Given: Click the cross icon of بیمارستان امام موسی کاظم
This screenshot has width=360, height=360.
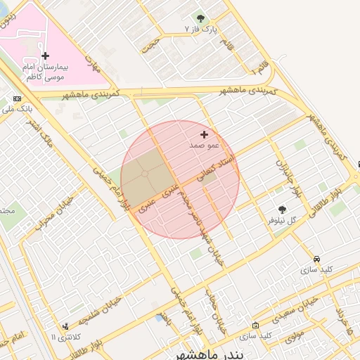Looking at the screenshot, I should pyautogui.click(x=46, y=55).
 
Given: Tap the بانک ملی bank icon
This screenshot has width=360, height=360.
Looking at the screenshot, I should pyautogui.click(x=17, y=98).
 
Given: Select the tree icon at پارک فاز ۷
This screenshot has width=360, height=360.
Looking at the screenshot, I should pyautogui.click(x=201, y=18).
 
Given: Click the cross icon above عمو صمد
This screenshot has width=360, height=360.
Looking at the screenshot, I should pyautogui.click(x=205, y=134).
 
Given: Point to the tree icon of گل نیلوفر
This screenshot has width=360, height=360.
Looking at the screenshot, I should pyautogui.click(x=283, y=210).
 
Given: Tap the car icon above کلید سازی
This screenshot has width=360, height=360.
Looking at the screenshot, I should pyautogui.click(x=317, y=259).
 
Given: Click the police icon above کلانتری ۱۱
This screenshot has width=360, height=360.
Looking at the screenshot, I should pyautogui.click(x=65, y=326).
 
